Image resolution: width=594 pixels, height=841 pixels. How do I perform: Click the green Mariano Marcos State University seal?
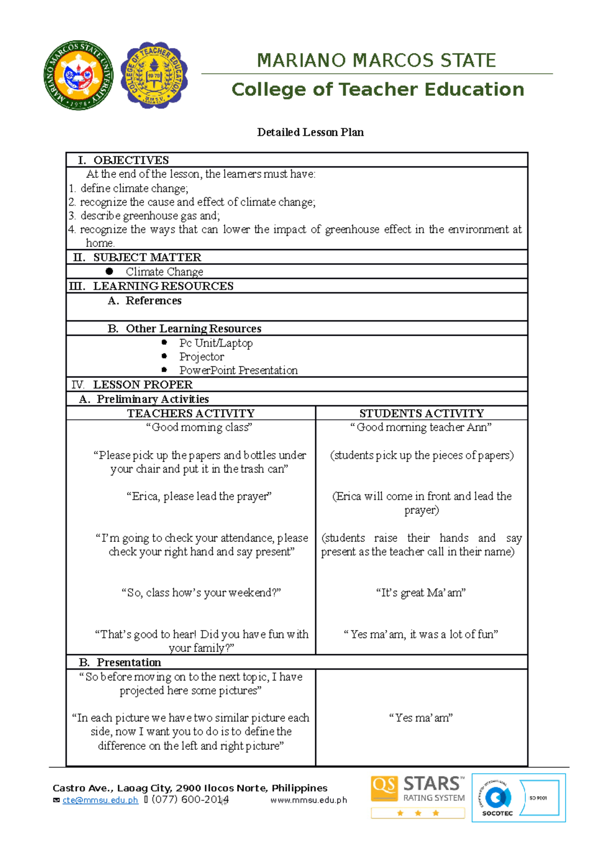78,75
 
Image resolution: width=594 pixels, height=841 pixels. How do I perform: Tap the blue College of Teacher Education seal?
154,75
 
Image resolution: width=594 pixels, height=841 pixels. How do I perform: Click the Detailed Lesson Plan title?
310,132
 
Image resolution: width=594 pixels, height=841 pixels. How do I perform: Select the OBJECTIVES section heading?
131,160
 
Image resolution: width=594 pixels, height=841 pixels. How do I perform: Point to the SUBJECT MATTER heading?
147,257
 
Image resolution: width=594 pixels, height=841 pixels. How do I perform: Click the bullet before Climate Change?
109,271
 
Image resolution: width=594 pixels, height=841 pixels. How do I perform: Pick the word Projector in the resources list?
201,357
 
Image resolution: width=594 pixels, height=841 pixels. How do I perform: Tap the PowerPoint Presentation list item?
238,370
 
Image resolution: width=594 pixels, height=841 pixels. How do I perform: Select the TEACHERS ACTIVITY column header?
191,413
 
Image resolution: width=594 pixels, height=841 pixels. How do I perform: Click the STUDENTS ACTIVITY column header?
421,413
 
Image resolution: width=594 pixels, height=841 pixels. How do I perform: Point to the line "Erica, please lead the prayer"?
199,496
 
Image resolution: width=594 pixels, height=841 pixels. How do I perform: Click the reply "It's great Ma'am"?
421,593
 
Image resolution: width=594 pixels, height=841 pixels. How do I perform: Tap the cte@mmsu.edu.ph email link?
100,800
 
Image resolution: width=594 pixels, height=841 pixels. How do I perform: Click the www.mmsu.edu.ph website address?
308,800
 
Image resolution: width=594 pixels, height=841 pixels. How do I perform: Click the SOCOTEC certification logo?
518,797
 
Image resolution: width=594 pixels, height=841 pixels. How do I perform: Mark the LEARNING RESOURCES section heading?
163,286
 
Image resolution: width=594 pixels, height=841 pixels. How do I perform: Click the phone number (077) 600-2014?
190,799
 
